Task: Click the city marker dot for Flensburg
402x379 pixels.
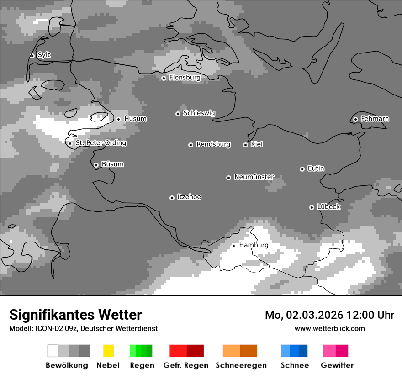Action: click(x=164, y=78)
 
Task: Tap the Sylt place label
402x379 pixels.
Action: click(x=44, y=55)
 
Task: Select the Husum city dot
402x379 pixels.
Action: click(x=118, y=119)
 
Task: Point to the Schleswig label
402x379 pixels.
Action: click(x=199, y=113)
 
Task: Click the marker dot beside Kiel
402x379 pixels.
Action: click(x=245, y=145)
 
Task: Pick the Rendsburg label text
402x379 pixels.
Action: click(x=213, y=144)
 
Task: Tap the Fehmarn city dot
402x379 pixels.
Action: click(x=355, y=120)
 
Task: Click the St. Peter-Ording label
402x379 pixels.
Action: click(x=100, y=143)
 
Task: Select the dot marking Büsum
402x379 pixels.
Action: click(x=96, y=165)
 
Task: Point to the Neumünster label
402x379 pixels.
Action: click(x=254, y=177)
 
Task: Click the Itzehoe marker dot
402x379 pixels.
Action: click(x=172, y=198)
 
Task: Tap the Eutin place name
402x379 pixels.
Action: click(x=316, y=168)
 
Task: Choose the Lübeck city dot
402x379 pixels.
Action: click(x=312, y=207)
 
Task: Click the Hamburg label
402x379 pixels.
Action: click(x=254, y=245)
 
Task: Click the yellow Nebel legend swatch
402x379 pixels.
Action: click(x=109, y=351)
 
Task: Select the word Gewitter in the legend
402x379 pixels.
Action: click(x=337, y=365)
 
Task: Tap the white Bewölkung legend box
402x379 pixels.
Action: click(x=53, y=351)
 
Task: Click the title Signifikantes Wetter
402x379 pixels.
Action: click(x=75, y=315)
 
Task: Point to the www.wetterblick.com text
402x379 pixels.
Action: click(x=329, y=328)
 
